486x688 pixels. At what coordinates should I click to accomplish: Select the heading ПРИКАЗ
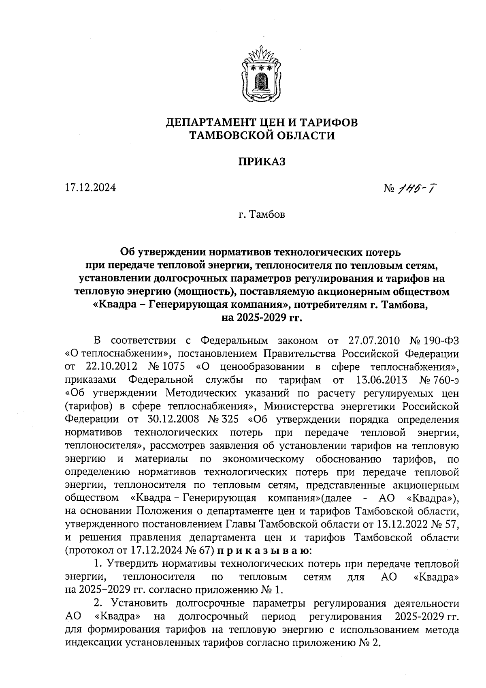262,161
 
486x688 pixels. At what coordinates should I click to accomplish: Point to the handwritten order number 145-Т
420,188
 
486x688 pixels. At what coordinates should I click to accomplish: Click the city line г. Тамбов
262,214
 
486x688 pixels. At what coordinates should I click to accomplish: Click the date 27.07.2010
374,340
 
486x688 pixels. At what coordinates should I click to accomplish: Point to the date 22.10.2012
112,367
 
